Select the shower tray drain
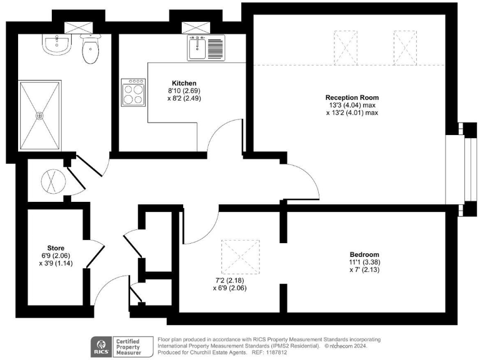coord(41,116)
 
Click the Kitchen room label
coord(184,83)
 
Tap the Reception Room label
coord(352,97)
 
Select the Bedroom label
coord(364,254)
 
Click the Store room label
coord(56,248)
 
